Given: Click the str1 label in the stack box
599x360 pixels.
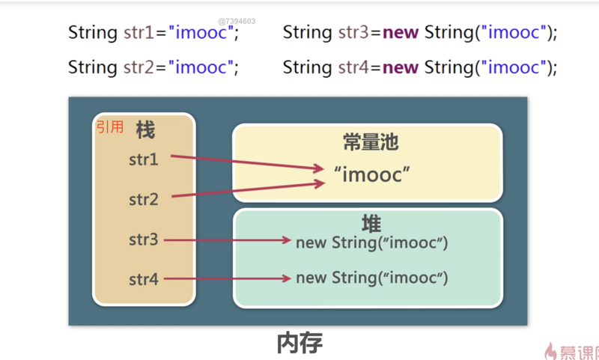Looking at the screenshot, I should [x=143, y=159].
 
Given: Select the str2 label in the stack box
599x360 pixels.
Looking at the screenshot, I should [x=143, y=200].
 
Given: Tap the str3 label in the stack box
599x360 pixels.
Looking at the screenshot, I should [x=143, y=240].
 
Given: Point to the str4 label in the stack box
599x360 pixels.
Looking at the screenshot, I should [x=143, y=280].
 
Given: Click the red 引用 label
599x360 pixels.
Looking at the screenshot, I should [x=109, y=127].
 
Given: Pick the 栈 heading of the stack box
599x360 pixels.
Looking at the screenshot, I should [x=145, y=130].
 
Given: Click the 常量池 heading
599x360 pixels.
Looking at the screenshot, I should [x=371, y=143].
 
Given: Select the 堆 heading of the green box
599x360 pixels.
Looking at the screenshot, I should [x=371, y=223].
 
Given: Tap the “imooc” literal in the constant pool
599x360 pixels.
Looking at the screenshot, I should [x=372, y=176].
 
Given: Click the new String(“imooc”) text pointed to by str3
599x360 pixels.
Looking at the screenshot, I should [x=371, y=242].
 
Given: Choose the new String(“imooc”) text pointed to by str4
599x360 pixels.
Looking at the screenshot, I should [x=371, y=278].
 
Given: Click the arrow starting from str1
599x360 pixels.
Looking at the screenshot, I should [x=247, y=163].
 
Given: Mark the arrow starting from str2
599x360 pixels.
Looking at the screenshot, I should [x=247, y=190].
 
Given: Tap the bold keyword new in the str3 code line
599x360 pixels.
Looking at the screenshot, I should [x=401, y=32].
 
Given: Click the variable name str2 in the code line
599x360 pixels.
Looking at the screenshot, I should [x=139, y=67].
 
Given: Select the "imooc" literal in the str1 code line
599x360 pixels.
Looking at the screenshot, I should [x=200, y=32].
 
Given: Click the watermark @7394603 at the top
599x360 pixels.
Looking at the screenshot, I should [x=237, y=21].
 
